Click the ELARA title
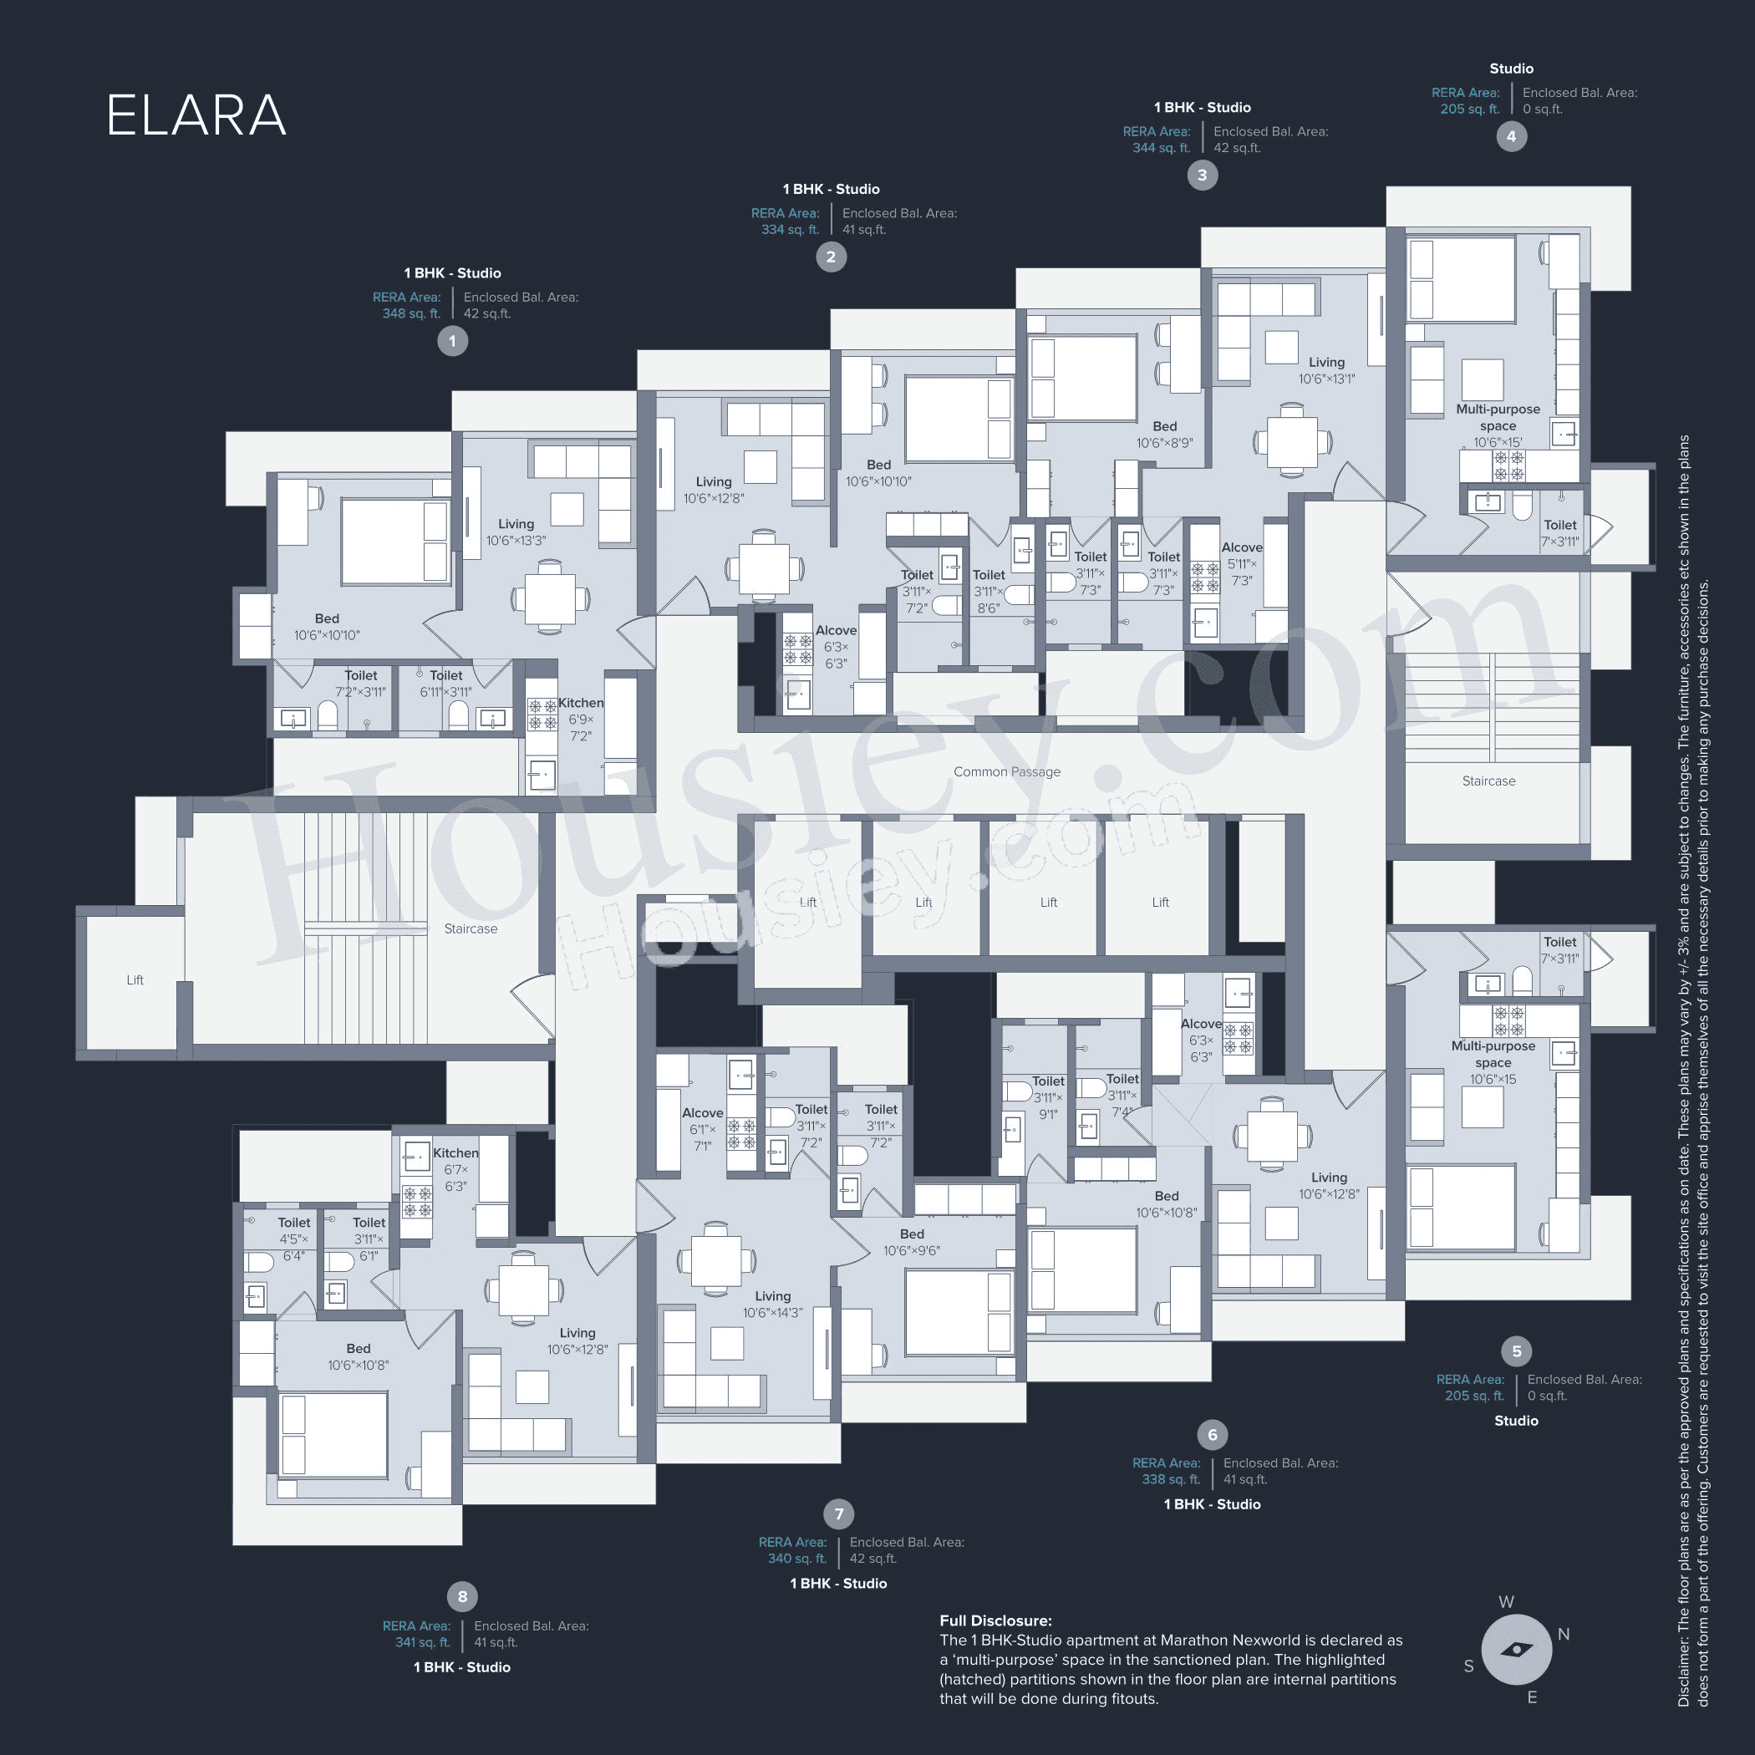pos(196,115)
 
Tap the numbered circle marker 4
pos(1511,136)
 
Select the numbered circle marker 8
pos(461,1596)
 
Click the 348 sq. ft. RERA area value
pos(410,313)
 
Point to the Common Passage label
pos(1006,771)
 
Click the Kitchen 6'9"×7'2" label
pos(581,719)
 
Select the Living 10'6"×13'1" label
pos(1326,369)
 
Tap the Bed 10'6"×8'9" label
pos(1164,435)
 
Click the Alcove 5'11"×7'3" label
pos(1242,563)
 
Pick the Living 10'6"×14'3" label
pos(772,1304)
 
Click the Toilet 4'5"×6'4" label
pos(293,1239)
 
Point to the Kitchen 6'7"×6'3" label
pos(455,1169)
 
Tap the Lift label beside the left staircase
pos(135,979)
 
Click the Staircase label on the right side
pos(1488,781)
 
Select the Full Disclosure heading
pos(994,1620)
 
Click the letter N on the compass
pos(1564,1633)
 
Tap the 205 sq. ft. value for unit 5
pos(1473,1396)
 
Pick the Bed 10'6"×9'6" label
pos(911,1242)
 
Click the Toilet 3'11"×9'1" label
pos(1047,1097)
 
